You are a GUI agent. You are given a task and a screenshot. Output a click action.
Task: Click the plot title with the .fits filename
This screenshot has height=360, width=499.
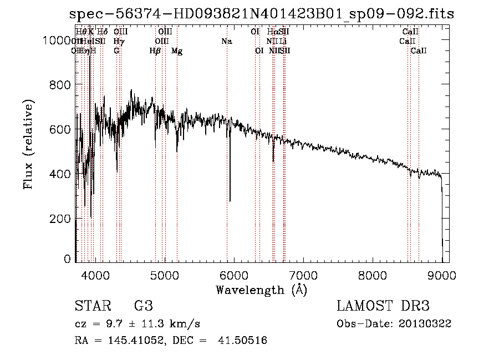pos(261,14)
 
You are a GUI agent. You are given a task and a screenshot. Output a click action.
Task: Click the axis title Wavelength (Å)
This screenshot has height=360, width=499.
pos(261,290)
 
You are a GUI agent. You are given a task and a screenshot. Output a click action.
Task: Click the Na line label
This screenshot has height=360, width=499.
pos(226,42)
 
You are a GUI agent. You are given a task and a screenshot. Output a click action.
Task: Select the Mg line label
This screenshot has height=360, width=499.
pos(177,51)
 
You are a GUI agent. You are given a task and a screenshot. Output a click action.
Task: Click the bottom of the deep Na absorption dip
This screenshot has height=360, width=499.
pos(230,200)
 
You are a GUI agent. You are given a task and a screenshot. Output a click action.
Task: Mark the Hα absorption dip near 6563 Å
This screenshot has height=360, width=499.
pos(273,160)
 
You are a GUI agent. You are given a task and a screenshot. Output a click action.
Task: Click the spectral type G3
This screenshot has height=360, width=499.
pos(144,306)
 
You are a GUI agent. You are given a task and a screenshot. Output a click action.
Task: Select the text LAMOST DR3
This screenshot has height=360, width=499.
pos(383,306)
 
